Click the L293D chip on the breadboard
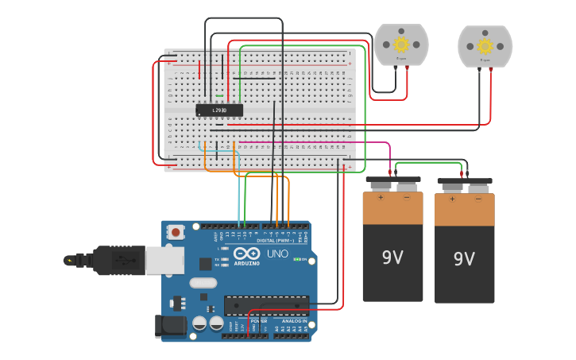219,110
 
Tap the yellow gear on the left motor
401,44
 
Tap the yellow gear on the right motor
485,45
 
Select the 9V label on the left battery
392,257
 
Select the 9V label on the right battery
464,258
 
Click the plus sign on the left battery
380,197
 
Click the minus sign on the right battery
478,199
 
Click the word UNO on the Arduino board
277,254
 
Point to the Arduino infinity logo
246,254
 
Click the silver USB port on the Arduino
164,260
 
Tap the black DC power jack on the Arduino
170,325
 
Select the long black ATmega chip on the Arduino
266,305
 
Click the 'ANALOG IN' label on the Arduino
293,321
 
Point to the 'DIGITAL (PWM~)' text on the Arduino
276,240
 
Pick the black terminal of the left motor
396,68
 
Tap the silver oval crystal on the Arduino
203,282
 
